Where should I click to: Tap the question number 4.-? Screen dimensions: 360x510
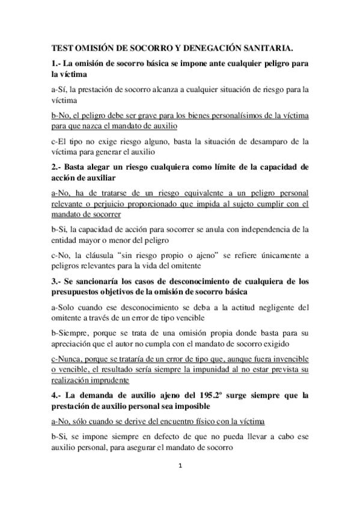pyautogui.click(x=56, y=395)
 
